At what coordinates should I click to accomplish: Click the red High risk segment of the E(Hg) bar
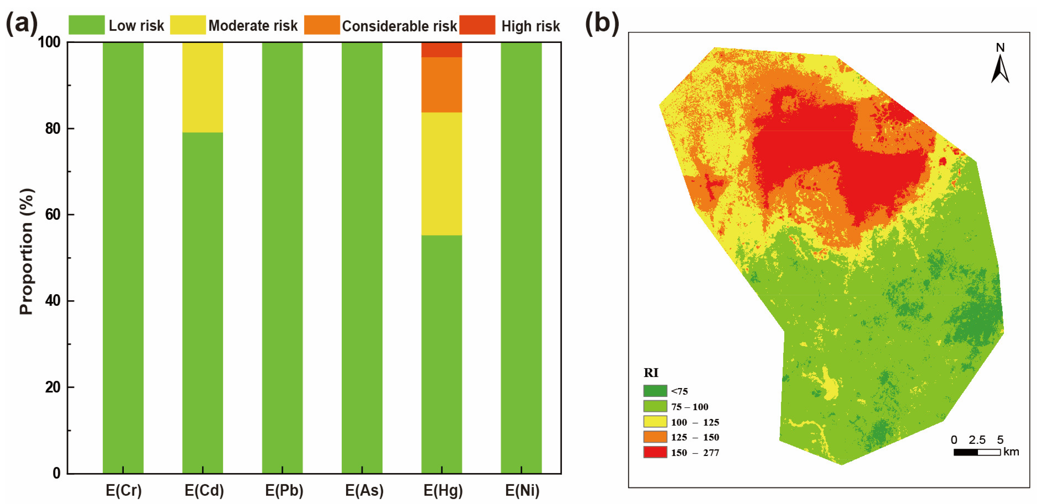coord(441,50)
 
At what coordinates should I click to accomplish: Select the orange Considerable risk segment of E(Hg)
coord(441,85)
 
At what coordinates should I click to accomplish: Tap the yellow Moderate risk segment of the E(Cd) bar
coord(202,87)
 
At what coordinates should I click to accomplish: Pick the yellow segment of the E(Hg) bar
coord(441,173)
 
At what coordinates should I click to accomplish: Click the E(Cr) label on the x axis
coord(123,490)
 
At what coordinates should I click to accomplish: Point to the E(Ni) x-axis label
coord(522,490)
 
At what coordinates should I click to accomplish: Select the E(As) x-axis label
coord(364,490)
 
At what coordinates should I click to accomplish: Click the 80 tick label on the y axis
coord(53,128)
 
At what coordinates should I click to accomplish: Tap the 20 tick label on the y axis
coord(53,387)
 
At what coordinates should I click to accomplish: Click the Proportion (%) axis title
coord(27,252)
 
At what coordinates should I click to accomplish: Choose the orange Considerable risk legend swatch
coord(322,25)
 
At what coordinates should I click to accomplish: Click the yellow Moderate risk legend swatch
coord(188,25)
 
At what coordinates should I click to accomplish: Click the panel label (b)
coord(601,23)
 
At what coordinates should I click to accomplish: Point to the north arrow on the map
coord(1000,64)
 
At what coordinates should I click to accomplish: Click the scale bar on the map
coord(976,452)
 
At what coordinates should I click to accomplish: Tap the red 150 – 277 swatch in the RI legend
coord(654,452)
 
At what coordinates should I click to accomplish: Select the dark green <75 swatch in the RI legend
coord(654,390)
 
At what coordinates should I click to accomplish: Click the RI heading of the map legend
coord(651,373)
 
